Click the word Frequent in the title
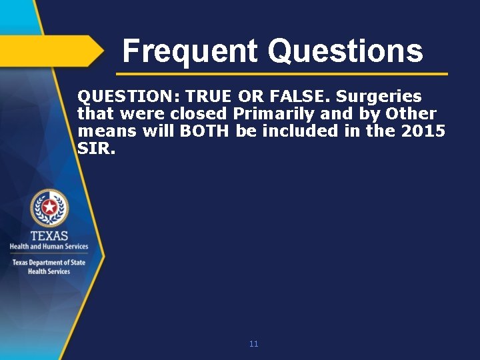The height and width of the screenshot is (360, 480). click(190, 51)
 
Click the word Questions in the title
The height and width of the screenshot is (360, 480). click(345, 51)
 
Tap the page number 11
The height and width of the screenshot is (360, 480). click(253, 344)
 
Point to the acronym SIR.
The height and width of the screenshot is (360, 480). click(96, 148)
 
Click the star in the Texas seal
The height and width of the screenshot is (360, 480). click(49, 208)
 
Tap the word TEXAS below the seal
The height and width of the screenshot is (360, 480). click(49, 236)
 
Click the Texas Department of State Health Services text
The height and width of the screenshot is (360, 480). click(49, 267)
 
